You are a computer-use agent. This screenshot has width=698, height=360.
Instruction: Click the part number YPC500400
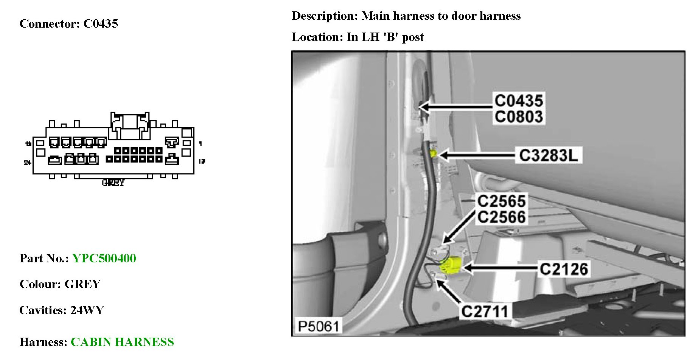pyautogui.click(x=104, y=259)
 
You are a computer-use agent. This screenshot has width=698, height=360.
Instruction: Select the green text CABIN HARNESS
pyautogui.click(x=122, y=342)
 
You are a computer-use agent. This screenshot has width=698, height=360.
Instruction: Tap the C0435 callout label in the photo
pyautogui.click(x=519, y=101)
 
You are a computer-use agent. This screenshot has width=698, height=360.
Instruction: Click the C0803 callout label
pyautogui.click(x=519, y=117)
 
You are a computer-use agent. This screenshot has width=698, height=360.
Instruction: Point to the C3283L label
pyautogui.click(x=548, y=155)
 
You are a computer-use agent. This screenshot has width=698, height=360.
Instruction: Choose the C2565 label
pyautogui.click(x=501, y=201)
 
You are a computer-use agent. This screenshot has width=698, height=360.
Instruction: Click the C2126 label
pyautogui.click(x=564, y=269)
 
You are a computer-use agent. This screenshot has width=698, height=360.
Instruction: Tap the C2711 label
pyautogui.click(x=485, y=312)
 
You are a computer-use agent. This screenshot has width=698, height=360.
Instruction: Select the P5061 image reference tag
pyautogui.click(x=318, y=326)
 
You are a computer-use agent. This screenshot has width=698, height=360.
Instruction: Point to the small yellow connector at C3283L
pyautogui.click(x=433, y=153)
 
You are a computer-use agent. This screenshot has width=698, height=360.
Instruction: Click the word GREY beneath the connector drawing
pyautogui.click(x=113, y=183)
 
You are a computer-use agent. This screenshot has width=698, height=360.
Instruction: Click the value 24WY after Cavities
pyautogui.click(x=87, y=310)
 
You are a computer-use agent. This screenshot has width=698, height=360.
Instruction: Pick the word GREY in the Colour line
pyautogui.click(x=82, y=284)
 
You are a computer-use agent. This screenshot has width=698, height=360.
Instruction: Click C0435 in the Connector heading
pyautogui.click(x=101, y=24)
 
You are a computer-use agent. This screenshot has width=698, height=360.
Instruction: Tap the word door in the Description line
pyautogui.click(x=462, y=16)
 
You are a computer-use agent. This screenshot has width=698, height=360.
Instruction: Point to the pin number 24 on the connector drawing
pyautogui.click(x=27, y=162)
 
